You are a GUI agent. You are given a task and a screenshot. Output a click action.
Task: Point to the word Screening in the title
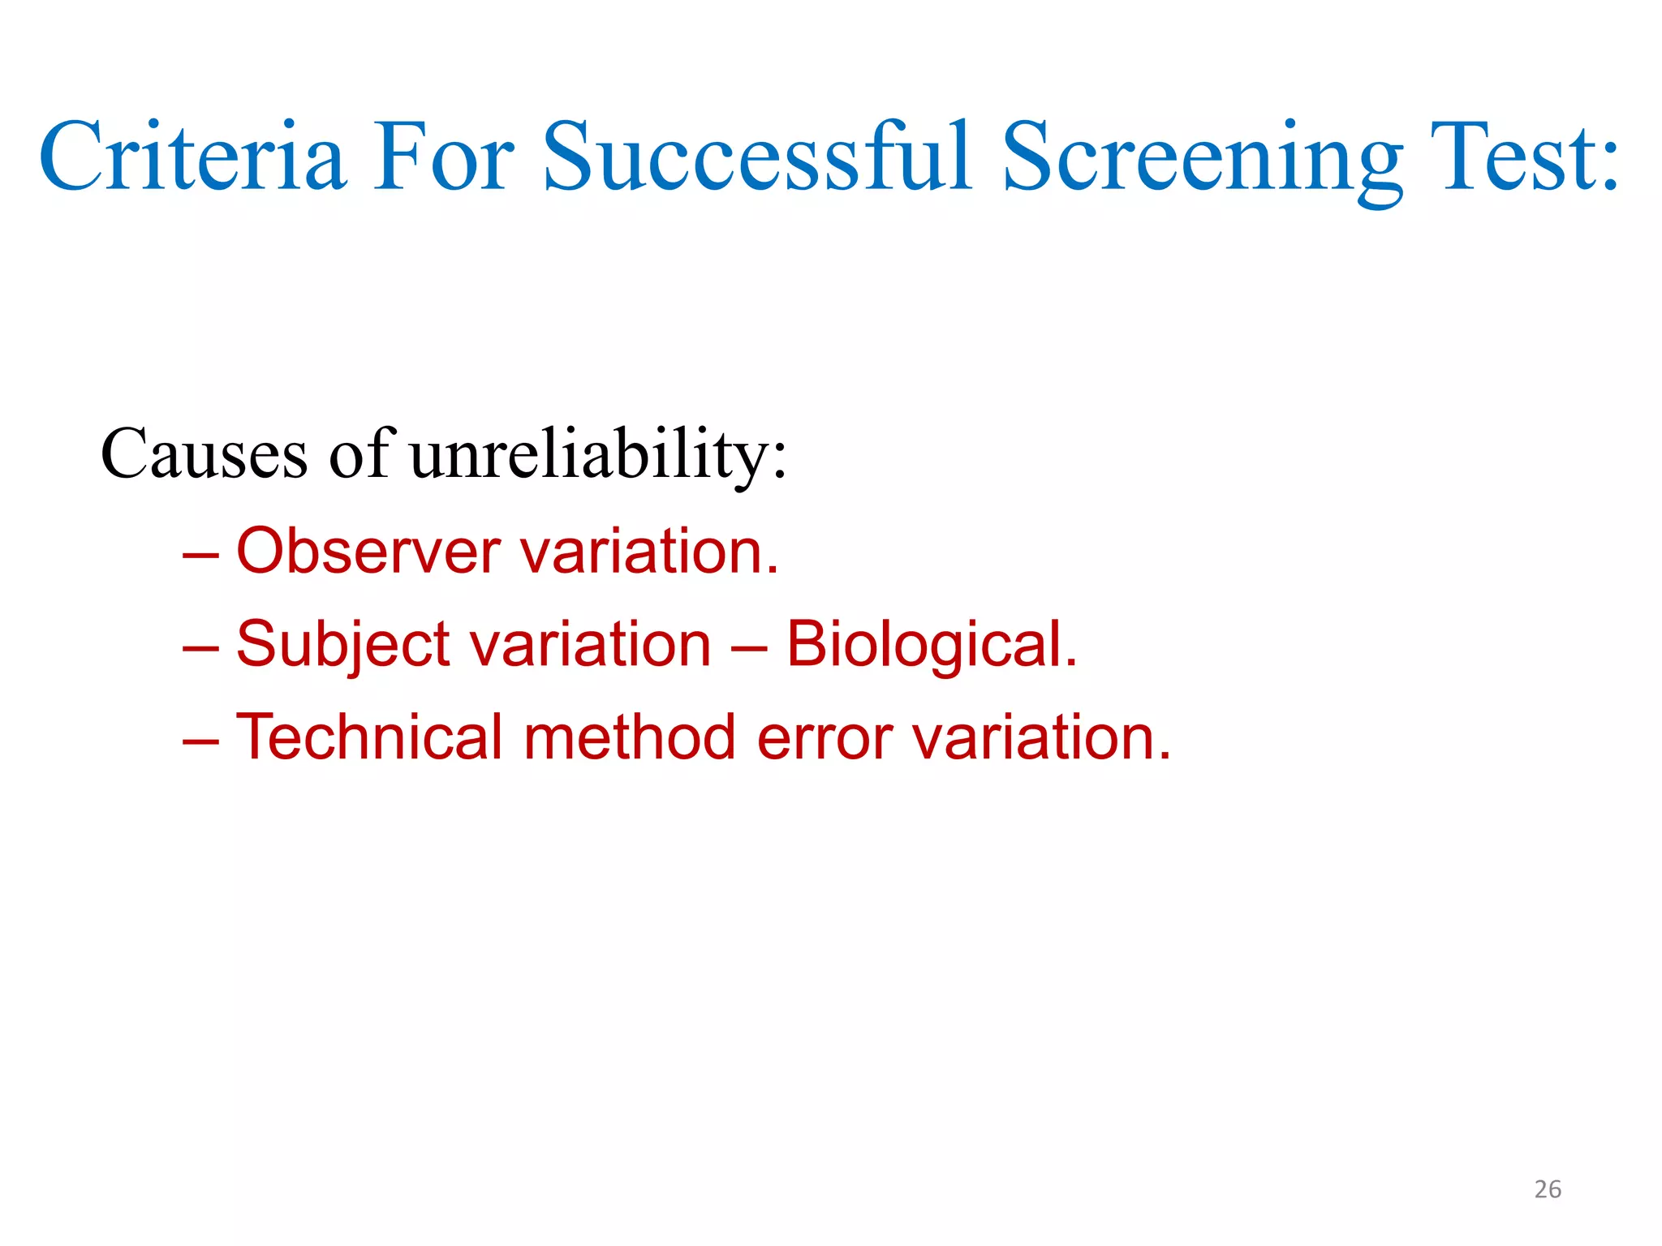(x=1202, y=158)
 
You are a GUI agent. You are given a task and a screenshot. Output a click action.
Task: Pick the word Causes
(x=204, y=454)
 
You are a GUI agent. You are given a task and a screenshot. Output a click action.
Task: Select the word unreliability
(x=597, y=454)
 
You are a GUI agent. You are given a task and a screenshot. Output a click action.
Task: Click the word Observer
(x=368, y=552)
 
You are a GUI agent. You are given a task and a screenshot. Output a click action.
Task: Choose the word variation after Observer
(x=648, y=552)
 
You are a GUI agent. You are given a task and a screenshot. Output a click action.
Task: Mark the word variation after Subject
(x=591, y=645)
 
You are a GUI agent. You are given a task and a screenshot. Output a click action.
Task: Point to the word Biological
(x=932, y=646)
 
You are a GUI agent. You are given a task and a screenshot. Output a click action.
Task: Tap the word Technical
(x=369, y=737)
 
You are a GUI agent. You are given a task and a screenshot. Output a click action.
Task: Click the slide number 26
(x=1548, y=1189)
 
